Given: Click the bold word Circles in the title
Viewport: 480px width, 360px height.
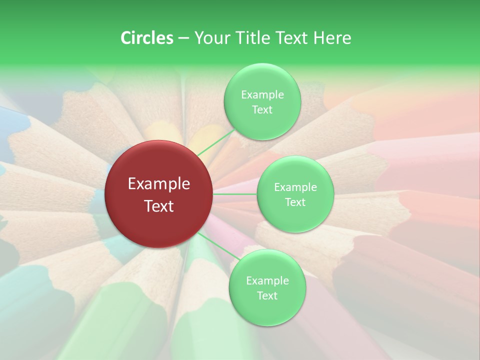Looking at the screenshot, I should coord(147,38).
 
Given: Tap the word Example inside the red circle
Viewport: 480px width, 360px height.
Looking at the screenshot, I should coord(159,184).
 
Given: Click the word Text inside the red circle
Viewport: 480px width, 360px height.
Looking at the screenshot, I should coord(159,206).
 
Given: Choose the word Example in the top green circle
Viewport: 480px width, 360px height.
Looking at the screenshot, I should coord(262,94).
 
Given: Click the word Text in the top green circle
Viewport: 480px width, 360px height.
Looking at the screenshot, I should coord(262,109).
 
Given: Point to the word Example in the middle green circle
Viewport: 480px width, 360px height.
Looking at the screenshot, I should coord(295,187).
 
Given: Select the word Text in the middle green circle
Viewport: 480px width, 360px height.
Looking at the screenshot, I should coord(295,202).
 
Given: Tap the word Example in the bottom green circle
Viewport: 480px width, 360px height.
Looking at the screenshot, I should coord(267,280).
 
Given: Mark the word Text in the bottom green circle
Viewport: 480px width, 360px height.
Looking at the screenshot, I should coord(267,295).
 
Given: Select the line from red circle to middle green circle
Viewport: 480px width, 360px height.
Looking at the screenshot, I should coord(235,194).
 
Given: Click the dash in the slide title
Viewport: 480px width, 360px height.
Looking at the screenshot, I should coord(183,38).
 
